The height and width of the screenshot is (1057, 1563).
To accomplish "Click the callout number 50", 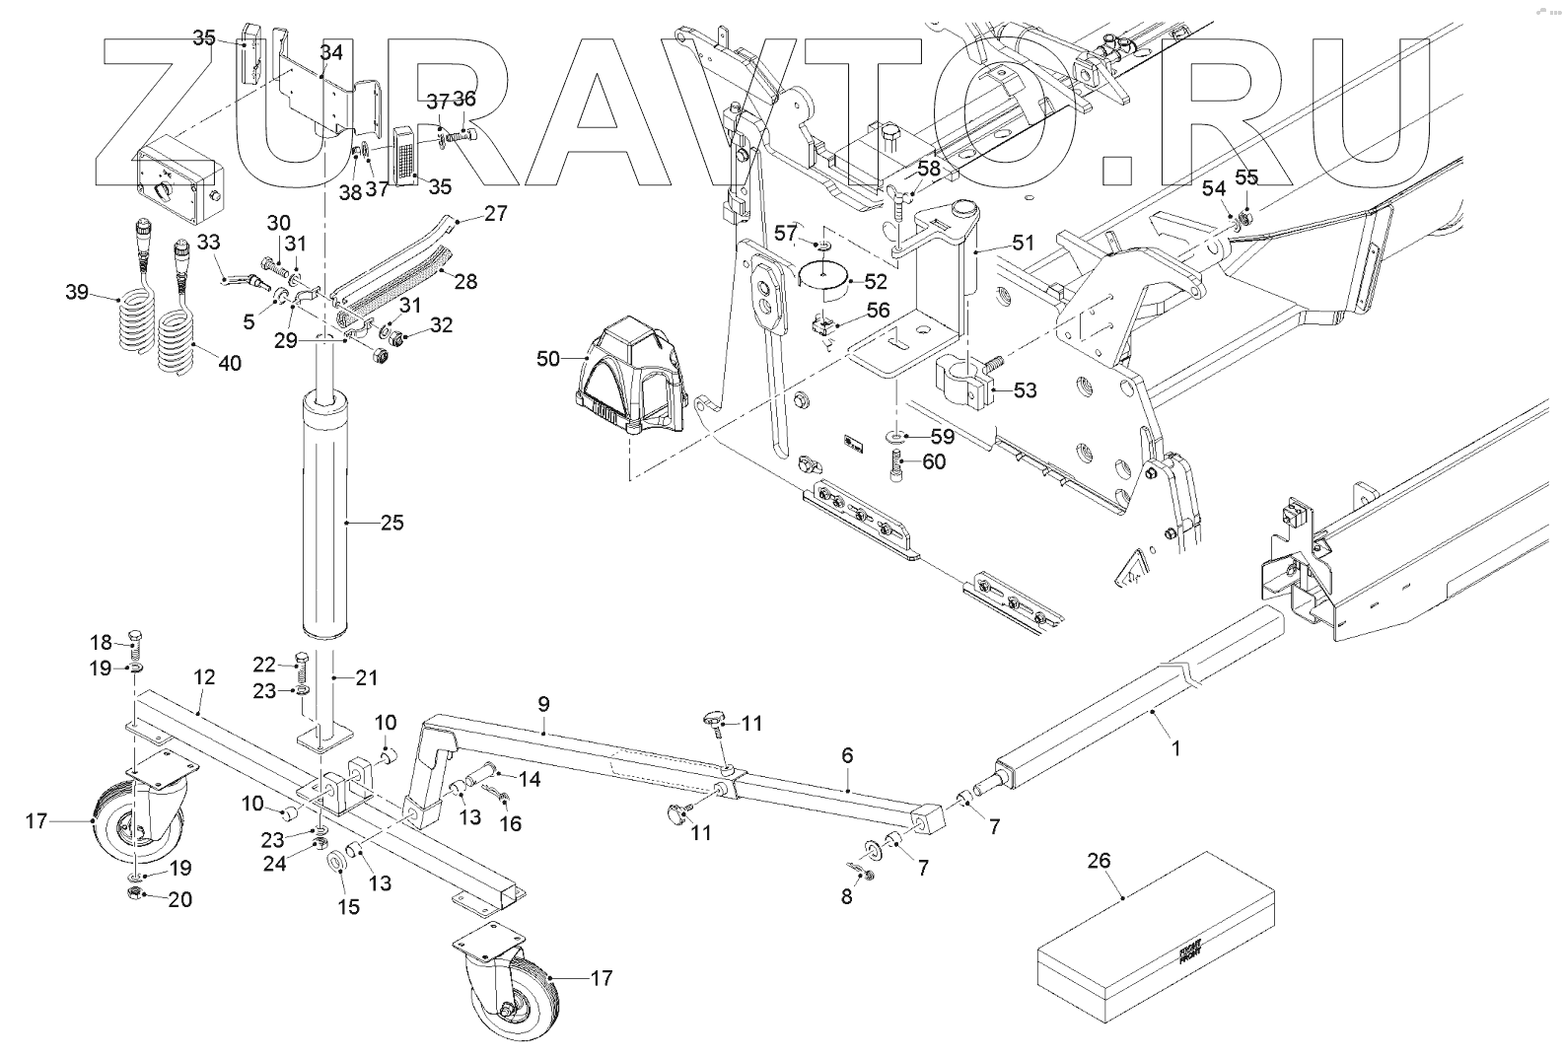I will (x=548, y=359).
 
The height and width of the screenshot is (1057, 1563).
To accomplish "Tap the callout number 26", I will (x=1099, y=861).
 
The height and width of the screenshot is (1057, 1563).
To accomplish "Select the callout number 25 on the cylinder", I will (x=391, y=522).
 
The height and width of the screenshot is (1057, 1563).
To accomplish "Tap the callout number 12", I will (x=204, y=677).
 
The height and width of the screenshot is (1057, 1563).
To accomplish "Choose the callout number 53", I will (x=1026, y=390).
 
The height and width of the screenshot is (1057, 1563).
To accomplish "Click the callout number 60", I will (x=934, y=460).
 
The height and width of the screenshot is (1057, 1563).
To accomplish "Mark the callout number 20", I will (x=179, y=899).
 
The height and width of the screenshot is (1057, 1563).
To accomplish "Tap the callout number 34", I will (x=331, y=51).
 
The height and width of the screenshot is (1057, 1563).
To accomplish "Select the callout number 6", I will (x=847, y=755).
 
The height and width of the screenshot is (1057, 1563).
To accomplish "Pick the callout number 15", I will (x=349, y=905).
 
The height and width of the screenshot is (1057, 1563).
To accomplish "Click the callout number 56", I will (x=878, y=311).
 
